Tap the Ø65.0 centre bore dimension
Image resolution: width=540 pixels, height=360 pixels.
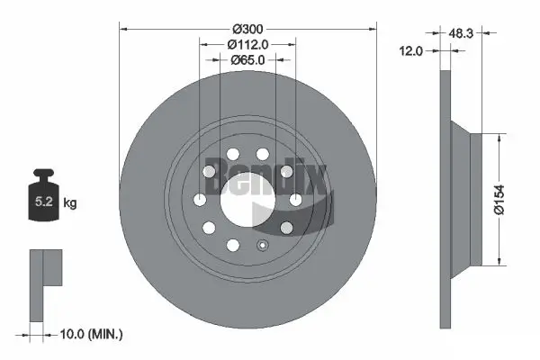point(247,61)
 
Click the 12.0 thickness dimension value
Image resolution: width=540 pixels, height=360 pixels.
point(410,53)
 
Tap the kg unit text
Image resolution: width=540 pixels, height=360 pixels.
point(70,203)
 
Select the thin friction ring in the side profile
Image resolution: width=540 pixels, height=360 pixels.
point(446,199)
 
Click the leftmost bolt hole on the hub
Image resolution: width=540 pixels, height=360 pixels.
point(199,200)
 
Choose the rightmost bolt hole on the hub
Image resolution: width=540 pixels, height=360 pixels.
point(294,200)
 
